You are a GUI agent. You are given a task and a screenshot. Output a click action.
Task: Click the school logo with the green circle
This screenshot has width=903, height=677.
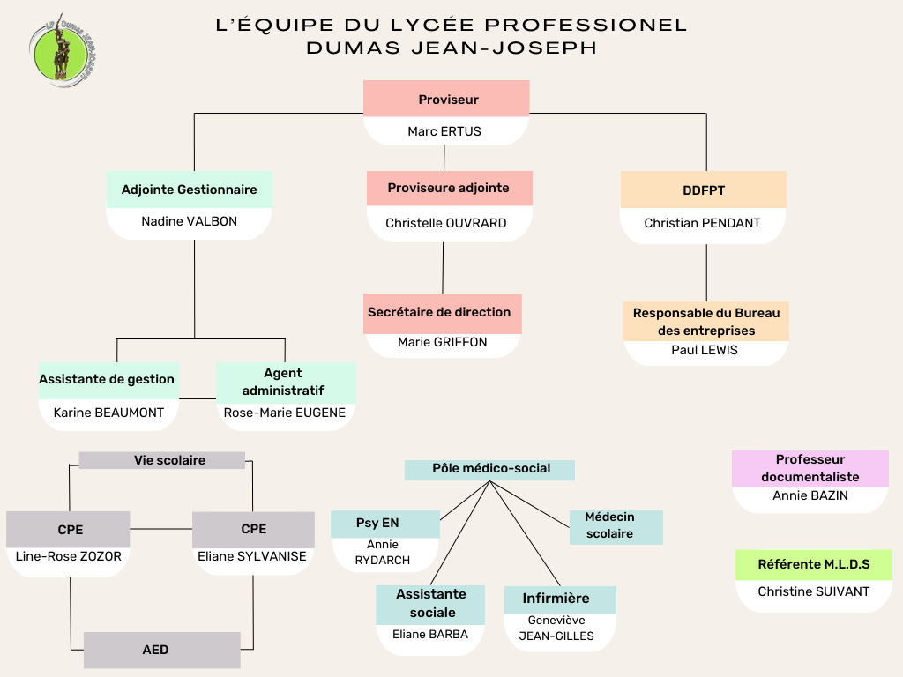pyautogui.click(x=63, y=51)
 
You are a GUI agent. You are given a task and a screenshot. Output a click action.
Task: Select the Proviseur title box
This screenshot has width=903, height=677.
pyautogui.click(x=446, y=99)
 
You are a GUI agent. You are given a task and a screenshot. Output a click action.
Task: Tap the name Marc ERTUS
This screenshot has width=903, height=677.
pyautogui.click(x=444, y=131)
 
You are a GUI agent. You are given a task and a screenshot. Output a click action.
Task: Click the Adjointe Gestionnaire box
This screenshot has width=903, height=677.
pyautogui.click(x=189, y=190)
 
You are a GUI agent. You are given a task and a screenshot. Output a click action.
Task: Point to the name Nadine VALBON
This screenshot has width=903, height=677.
pyautogui.click(x=189, y=221)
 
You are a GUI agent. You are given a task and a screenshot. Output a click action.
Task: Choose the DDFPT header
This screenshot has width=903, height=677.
pyautogui.click(x=703, y=190)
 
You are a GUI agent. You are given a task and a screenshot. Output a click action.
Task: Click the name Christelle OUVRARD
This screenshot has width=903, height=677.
pyautogui.click(x=445, y=223)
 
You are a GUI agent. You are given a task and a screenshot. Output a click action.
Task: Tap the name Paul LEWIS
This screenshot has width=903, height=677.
pyautogui.click(x=705, y=350)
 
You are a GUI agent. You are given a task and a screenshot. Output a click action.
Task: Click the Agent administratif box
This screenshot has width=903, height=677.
pyautogui.click(x=286, y=383)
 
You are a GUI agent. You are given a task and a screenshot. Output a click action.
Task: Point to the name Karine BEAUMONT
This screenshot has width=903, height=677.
pyautogui.click(x=108, y=413)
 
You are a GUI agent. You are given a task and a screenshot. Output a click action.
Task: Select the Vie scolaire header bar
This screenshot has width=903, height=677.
pyautogui.click(x=162, y=460)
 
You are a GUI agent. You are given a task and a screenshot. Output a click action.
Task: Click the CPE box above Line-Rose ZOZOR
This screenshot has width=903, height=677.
pyautogui.click(x=68, y=530)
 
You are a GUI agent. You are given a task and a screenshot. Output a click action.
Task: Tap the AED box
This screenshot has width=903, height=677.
pyautogui.click(x=162, y=650)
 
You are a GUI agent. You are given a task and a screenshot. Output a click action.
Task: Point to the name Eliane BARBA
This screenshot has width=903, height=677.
pyautogui.click(x=430, y=635)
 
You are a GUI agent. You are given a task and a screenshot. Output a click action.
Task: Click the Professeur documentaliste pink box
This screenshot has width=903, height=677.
pyautogui.click(x=810, y=468)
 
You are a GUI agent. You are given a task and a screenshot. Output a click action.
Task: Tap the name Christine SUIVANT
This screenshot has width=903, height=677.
pyautogui.click(x=814, y=591)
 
